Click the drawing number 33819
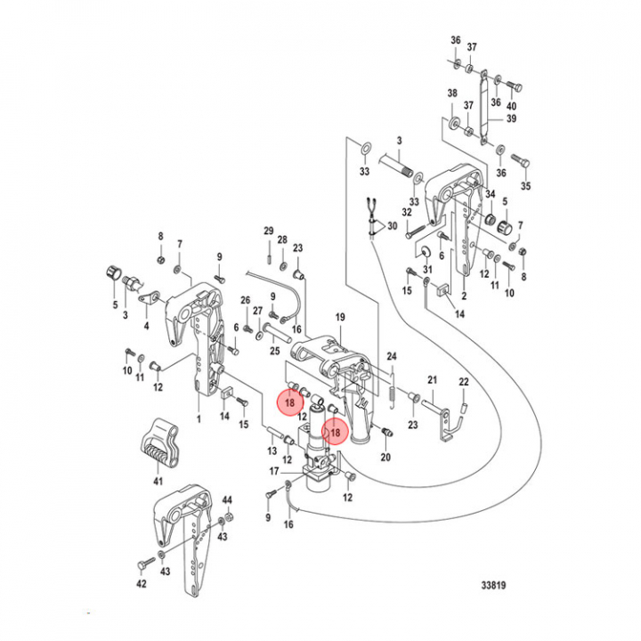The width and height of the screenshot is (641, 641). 497,586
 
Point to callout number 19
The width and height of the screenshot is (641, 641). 339,318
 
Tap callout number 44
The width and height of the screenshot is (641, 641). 227,500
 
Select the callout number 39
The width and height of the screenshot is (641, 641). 511,119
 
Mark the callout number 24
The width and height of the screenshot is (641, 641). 390,358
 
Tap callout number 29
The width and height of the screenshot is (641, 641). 268,231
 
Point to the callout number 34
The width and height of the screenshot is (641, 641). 489,196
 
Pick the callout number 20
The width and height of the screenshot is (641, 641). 385,458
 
